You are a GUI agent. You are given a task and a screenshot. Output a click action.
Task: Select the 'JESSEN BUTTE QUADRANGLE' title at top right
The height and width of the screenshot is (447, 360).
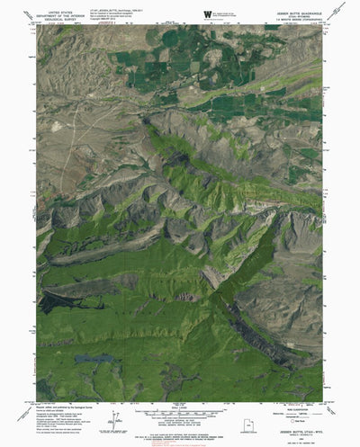point(292,11)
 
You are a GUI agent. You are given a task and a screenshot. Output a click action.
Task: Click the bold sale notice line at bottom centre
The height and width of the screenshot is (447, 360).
point(180,437)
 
